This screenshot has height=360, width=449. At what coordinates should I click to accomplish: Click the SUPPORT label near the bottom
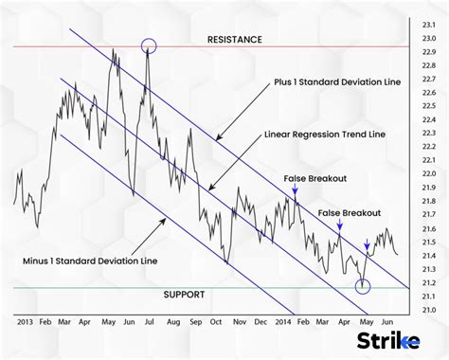(182, 294)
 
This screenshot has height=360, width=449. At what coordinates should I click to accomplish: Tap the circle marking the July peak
(149, 45)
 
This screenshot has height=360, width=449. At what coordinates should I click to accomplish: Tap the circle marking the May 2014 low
(362, 285)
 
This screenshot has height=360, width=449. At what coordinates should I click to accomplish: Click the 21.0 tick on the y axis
(430, 310)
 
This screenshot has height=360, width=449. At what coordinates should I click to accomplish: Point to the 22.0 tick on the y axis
(430, 174)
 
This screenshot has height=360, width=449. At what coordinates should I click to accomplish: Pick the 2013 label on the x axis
(26, 322)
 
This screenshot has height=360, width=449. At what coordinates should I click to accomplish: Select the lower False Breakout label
(349, 213)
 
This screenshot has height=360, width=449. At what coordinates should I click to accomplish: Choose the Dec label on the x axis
(261, 322)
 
